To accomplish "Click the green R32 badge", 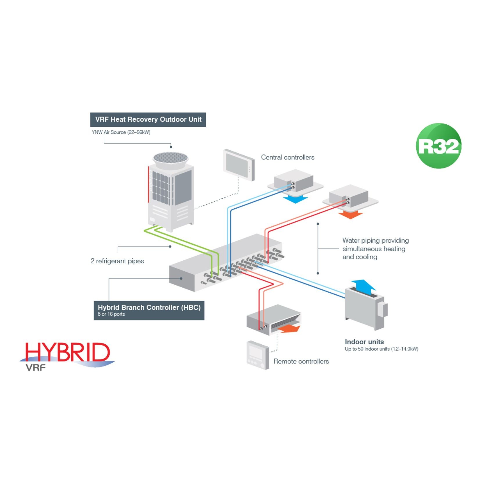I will coord(438,146).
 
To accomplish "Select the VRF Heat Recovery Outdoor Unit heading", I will coord(148,119).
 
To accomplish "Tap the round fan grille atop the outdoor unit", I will coord(171,158).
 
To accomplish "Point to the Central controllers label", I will coord(288,157).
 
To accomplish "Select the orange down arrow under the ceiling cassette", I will coord(350,215).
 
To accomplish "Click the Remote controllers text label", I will coord(301,361).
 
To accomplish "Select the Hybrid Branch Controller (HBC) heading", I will coord(149,307).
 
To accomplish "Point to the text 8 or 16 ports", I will coord(111,314).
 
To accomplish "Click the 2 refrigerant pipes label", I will coord(117,261).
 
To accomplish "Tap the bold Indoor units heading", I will coord(364,342).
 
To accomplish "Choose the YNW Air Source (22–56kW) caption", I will coord(121,132).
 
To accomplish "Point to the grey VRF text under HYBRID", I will coord(36,368).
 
